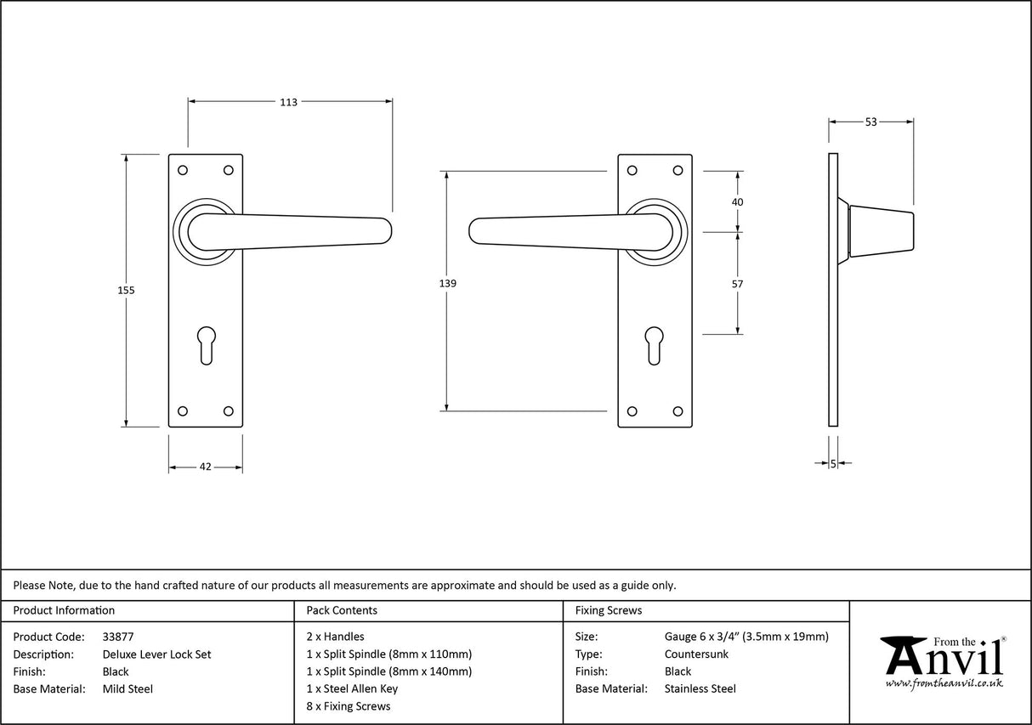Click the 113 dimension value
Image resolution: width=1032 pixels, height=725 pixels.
(x=288, y=102)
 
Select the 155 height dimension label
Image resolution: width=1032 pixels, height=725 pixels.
(x=126, y=290)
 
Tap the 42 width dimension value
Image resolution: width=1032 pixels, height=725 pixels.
(x=205, y=467)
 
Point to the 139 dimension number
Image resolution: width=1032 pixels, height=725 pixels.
(x=448, y=283)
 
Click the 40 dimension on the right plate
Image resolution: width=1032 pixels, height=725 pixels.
(x=737, y=202)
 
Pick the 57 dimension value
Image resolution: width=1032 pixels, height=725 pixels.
(x=737, y=284)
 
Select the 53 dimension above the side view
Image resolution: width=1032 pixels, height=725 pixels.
(x=870, y=122)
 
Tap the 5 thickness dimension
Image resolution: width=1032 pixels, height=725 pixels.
(x=833, y=463)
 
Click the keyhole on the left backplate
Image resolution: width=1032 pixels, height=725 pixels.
(x=206, y=343)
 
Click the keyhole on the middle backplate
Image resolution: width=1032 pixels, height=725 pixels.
(x=654, y=343)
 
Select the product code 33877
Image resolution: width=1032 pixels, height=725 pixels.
(x=117, y=636)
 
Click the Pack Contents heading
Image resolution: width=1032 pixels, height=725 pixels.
(x=341, y=610)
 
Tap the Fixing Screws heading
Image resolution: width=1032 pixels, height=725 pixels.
(x=609, y=610)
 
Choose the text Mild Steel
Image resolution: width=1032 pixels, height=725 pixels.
(x=128, y=689)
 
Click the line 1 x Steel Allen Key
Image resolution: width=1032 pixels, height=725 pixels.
(x=352, y=689)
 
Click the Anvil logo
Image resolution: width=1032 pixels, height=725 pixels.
(x=942, y=656)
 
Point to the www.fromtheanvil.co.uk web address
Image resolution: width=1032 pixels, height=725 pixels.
(x=944, y=683)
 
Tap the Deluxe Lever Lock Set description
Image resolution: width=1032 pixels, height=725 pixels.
(x=156, y=654)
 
